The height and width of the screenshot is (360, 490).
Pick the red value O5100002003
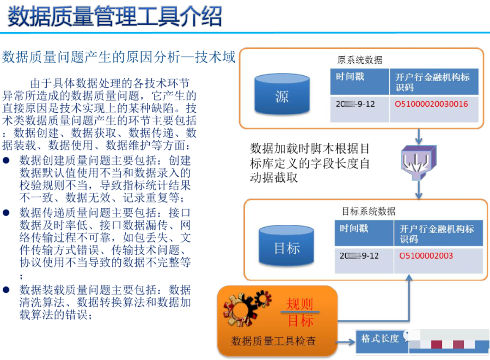pyautogui.click(x=426, y=255)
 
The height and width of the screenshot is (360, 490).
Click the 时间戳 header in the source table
pyautogui.click(x=351, y=77)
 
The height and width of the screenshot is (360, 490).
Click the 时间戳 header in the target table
pyautogui.click(x=354, y=228)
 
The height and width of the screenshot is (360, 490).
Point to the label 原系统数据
pyautogui.click(x=360, y=60)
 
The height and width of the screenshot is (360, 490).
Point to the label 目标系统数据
pyautogui.click(x=369, y=211)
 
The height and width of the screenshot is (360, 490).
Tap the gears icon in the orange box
pyautogui.click(x=246, y=309)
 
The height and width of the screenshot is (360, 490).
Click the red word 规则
pyautogui.click(x=300, y=304)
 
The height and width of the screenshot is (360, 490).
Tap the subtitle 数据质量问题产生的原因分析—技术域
pyautogui.click(x=119, y=57)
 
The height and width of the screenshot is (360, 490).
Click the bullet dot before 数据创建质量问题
pyautogui.click(x=7, y=161)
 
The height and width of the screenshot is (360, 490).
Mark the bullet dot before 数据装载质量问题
pyautogui.click(x=7, y=289)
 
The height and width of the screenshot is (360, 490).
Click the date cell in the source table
pyautogui.click(x=357, y=103)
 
